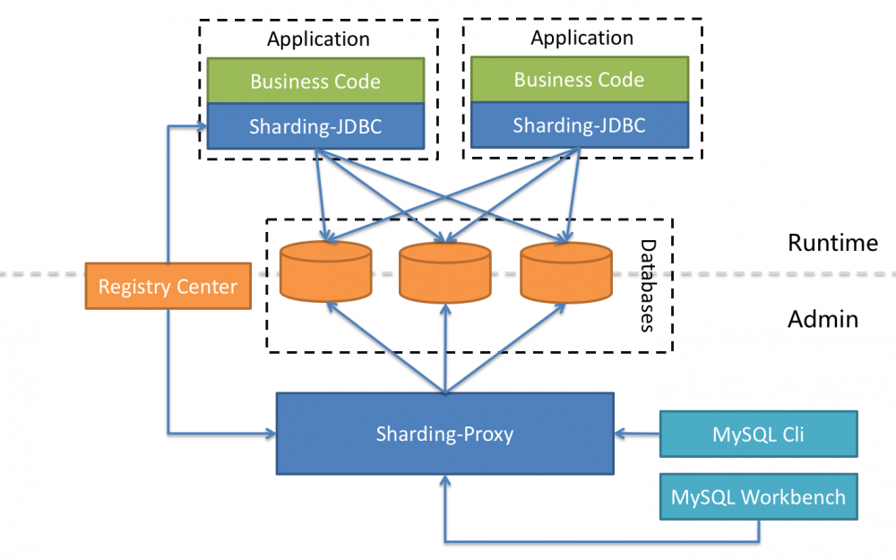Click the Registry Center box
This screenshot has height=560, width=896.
click(168, 287)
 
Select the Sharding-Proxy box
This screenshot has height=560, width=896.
click(444, 434)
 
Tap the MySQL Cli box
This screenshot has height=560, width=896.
click(758, 435)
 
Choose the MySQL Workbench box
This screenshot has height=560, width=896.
click(758, 496)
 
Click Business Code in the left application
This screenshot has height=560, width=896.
click(315, 81)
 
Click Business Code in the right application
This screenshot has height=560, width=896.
click(579, 79)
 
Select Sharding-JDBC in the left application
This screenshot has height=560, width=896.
click(315, 126)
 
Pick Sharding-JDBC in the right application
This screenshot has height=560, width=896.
click(579, 125)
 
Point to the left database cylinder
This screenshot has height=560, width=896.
click(325, 271)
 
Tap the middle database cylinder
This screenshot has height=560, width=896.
click(445, 271)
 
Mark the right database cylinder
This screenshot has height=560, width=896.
click(566, 271)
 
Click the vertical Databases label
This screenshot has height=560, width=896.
click(648, 286)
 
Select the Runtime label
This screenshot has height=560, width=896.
click(832, 243)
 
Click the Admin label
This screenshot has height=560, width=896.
click(823, 319)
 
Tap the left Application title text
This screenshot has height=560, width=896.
click(318, 39)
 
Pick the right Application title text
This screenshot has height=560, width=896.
click(582, 38)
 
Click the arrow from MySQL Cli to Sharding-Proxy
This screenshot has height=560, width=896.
click(637, 435)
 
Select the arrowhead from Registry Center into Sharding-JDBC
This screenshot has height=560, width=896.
click(200, 126)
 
